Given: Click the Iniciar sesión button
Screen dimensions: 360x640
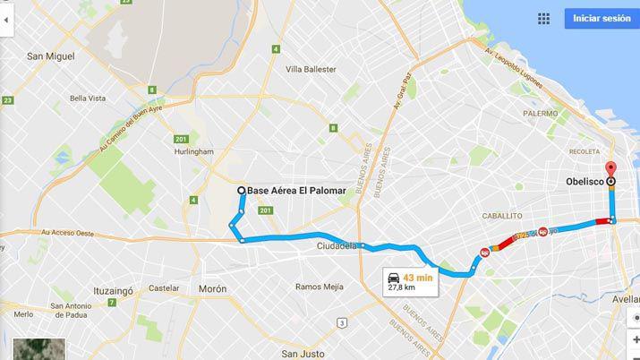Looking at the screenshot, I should pyautogui.click(x=601, y=18).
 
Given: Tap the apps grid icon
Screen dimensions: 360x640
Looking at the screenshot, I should pyautogui.click(x=543, y=18).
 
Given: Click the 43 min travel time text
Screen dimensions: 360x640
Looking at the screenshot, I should pyautogui.click(x=417, y=278).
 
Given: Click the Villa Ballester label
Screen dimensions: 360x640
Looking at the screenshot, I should pyautogui.click(x=311, y=69).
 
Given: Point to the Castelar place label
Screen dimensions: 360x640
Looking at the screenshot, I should pyautogui.click(x=163, y=288).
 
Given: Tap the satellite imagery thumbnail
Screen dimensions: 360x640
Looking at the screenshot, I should pyautogui.click(x=41, y=349).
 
